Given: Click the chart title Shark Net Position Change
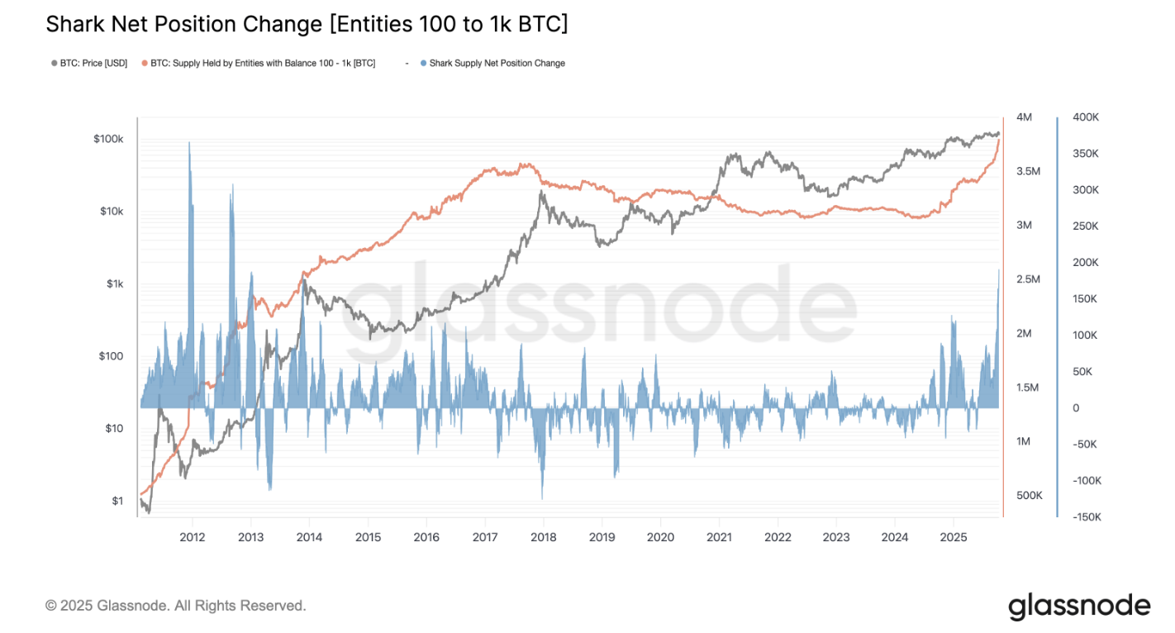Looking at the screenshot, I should pos(307,25).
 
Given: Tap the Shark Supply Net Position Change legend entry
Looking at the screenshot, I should pos(497,63).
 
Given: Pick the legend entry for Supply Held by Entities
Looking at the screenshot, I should pos(262,63).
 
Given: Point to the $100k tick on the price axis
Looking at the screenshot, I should pos(108,139).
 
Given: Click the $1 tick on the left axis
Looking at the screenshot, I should pos(117,501).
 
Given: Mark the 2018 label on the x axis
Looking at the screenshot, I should pos(543,537).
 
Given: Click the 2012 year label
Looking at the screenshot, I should pos(192,537).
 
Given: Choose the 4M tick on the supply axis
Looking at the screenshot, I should pos(1025,117).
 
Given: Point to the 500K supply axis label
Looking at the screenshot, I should pos(1029,495).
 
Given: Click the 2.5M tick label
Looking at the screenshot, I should pos(1028,279).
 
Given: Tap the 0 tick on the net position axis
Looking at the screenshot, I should pos(1076,408).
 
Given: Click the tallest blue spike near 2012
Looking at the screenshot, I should pos(189,145).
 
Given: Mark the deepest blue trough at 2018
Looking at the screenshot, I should pos(542,496).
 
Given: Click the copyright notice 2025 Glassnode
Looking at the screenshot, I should pos(175,606).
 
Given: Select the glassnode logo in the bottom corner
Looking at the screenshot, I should pos(1078,606).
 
